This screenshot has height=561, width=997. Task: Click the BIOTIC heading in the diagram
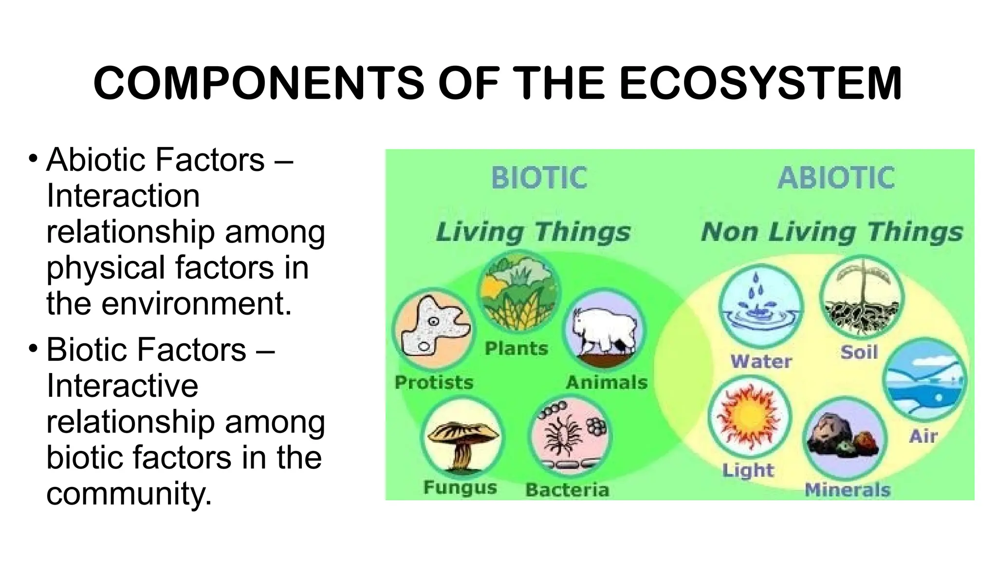pos(539,178)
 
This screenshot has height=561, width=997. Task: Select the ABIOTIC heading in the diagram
pos(836,178)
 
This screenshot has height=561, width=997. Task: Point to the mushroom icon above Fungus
pos(461,438)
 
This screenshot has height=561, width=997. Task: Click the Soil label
pos(859,352)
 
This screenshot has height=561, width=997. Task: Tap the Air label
pos(923,436)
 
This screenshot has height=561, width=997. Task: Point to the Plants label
pos(516,349)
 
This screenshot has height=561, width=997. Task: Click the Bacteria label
pos(567,490)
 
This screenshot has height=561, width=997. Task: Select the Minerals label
pos(847,490)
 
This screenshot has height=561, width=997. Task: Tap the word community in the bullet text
pos(129,494)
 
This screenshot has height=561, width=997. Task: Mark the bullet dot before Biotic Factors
pos(33,349)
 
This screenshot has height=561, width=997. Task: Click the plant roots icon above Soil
pos(862,297)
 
